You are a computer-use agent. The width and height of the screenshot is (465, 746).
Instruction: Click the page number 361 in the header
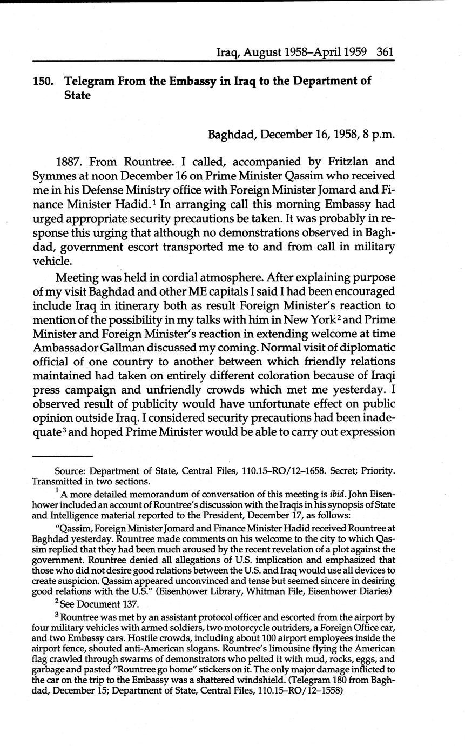point(386,52)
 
